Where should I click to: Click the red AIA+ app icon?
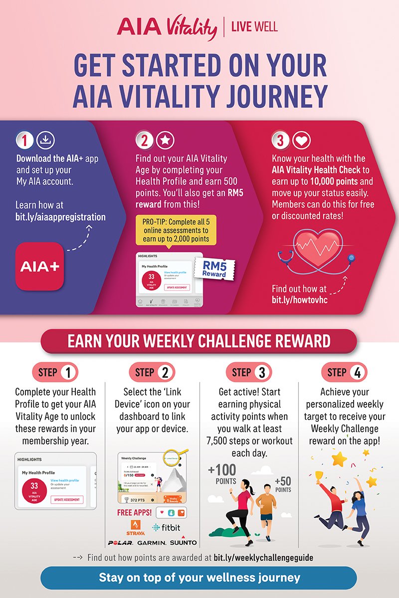pos(40,266)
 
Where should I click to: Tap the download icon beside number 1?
pos(45,141)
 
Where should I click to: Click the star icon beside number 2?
pos(165,141)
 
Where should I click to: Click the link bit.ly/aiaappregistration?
pos(60,217)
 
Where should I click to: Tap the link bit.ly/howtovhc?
pos(300,300)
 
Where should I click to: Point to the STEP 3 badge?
pos(248,372)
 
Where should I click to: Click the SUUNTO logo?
pos(183,542)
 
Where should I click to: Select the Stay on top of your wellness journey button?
pos(199,578)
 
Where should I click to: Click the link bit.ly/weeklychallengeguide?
pos(263,558)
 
